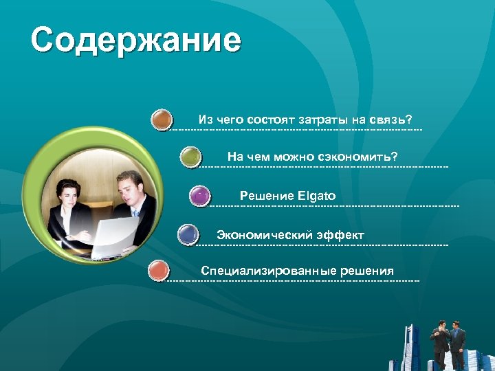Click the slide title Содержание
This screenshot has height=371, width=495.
(135, 41)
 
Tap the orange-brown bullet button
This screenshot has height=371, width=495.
(162, 120)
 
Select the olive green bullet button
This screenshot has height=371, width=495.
(190, 157)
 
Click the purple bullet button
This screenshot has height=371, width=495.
(199, 196)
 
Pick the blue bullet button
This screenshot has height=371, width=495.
(188, 235)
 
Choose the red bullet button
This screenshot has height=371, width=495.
(159, 271)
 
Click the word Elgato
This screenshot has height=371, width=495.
(317, 196)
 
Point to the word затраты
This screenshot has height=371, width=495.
(322, 120)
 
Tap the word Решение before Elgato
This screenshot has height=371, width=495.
(267, 196)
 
